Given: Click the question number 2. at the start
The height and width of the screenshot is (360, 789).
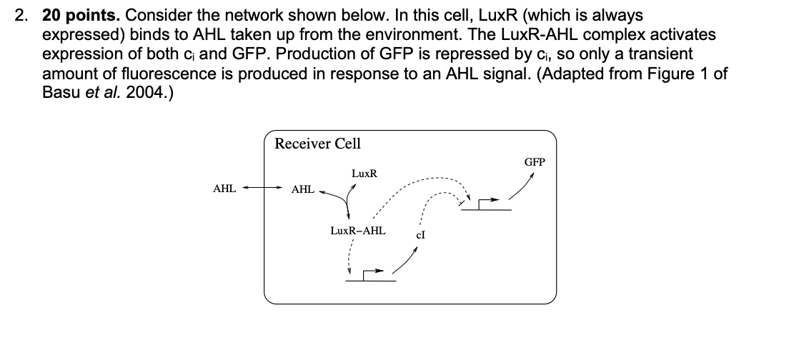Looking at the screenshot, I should (x=21, y=15).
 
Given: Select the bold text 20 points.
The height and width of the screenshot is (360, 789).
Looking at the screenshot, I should (x=81, y=15).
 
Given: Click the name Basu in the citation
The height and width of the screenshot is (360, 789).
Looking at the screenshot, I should (x=60, y=93).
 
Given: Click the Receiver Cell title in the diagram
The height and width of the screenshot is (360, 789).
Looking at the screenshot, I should (x=318, y=144).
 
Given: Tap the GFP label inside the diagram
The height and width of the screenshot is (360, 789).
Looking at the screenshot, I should (x=535, y=162).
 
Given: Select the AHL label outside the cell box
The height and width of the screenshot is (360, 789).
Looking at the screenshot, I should (x=224, y=189).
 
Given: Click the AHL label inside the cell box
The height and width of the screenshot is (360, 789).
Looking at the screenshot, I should (x=303, y=189).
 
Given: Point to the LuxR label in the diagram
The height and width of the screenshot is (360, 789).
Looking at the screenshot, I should (x=364, y=174).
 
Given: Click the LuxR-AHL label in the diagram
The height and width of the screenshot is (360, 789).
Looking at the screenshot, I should (x=357, y=231).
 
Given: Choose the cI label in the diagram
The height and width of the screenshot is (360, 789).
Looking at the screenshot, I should (x=422, y=236).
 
